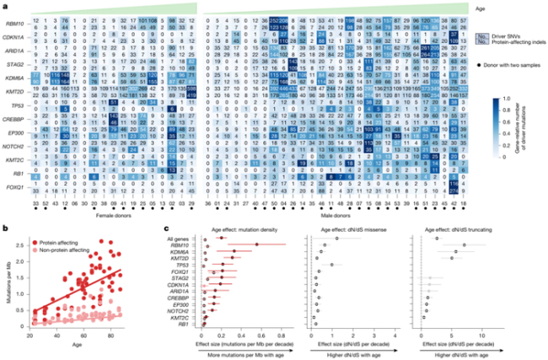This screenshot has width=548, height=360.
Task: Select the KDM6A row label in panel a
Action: [17, 75]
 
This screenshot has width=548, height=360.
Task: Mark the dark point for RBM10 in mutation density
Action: [257, 244]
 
